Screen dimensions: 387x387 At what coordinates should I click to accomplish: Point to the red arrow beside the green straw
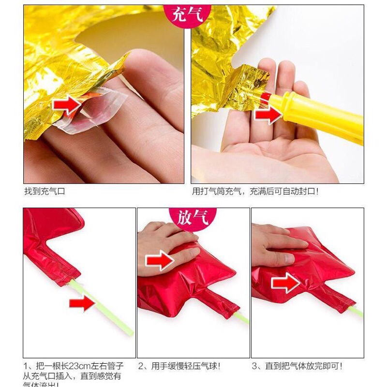point(83,304)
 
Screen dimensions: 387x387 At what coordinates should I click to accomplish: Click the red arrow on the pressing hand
point(159,261)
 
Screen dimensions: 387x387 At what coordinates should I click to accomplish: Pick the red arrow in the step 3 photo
point(285,283)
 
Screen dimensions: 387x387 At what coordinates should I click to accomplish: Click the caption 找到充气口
point(44,192)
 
